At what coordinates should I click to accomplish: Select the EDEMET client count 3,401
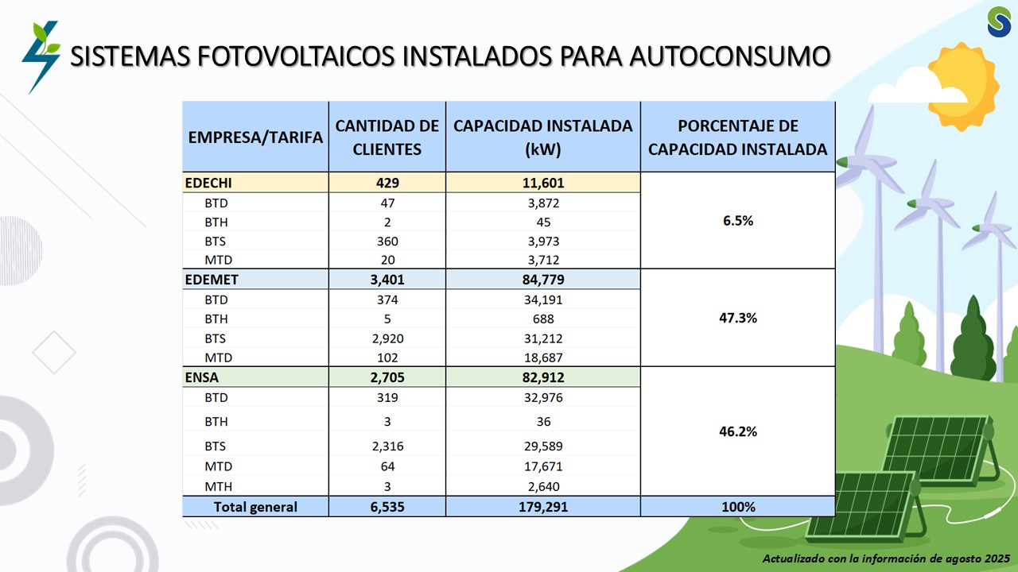coord(387,279)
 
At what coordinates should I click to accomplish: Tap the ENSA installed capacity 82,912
coord(543,377)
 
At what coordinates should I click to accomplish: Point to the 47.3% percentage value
coord(737,318)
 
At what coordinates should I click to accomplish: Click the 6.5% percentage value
coord(737,221)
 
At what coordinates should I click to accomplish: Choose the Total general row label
coord(255,507)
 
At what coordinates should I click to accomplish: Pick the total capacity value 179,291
coord(543,507)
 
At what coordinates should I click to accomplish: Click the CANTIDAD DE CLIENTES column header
coord(387,137)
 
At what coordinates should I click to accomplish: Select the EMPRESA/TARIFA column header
coord(255,137)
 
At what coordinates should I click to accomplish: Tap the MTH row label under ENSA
coord(218,486)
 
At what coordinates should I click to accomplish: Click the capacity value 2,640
coord(543,486)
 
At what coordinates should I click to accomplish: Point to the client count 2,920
coord(387,338)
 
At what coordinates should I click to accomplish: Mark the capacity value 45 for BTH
coord(543,222)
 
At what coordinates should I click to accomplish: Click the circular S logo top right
coord(999,21)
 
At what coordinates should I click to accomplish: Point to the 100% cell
coord(737,507)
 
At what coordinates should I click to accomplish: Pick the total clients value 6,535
coord(387,507)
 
